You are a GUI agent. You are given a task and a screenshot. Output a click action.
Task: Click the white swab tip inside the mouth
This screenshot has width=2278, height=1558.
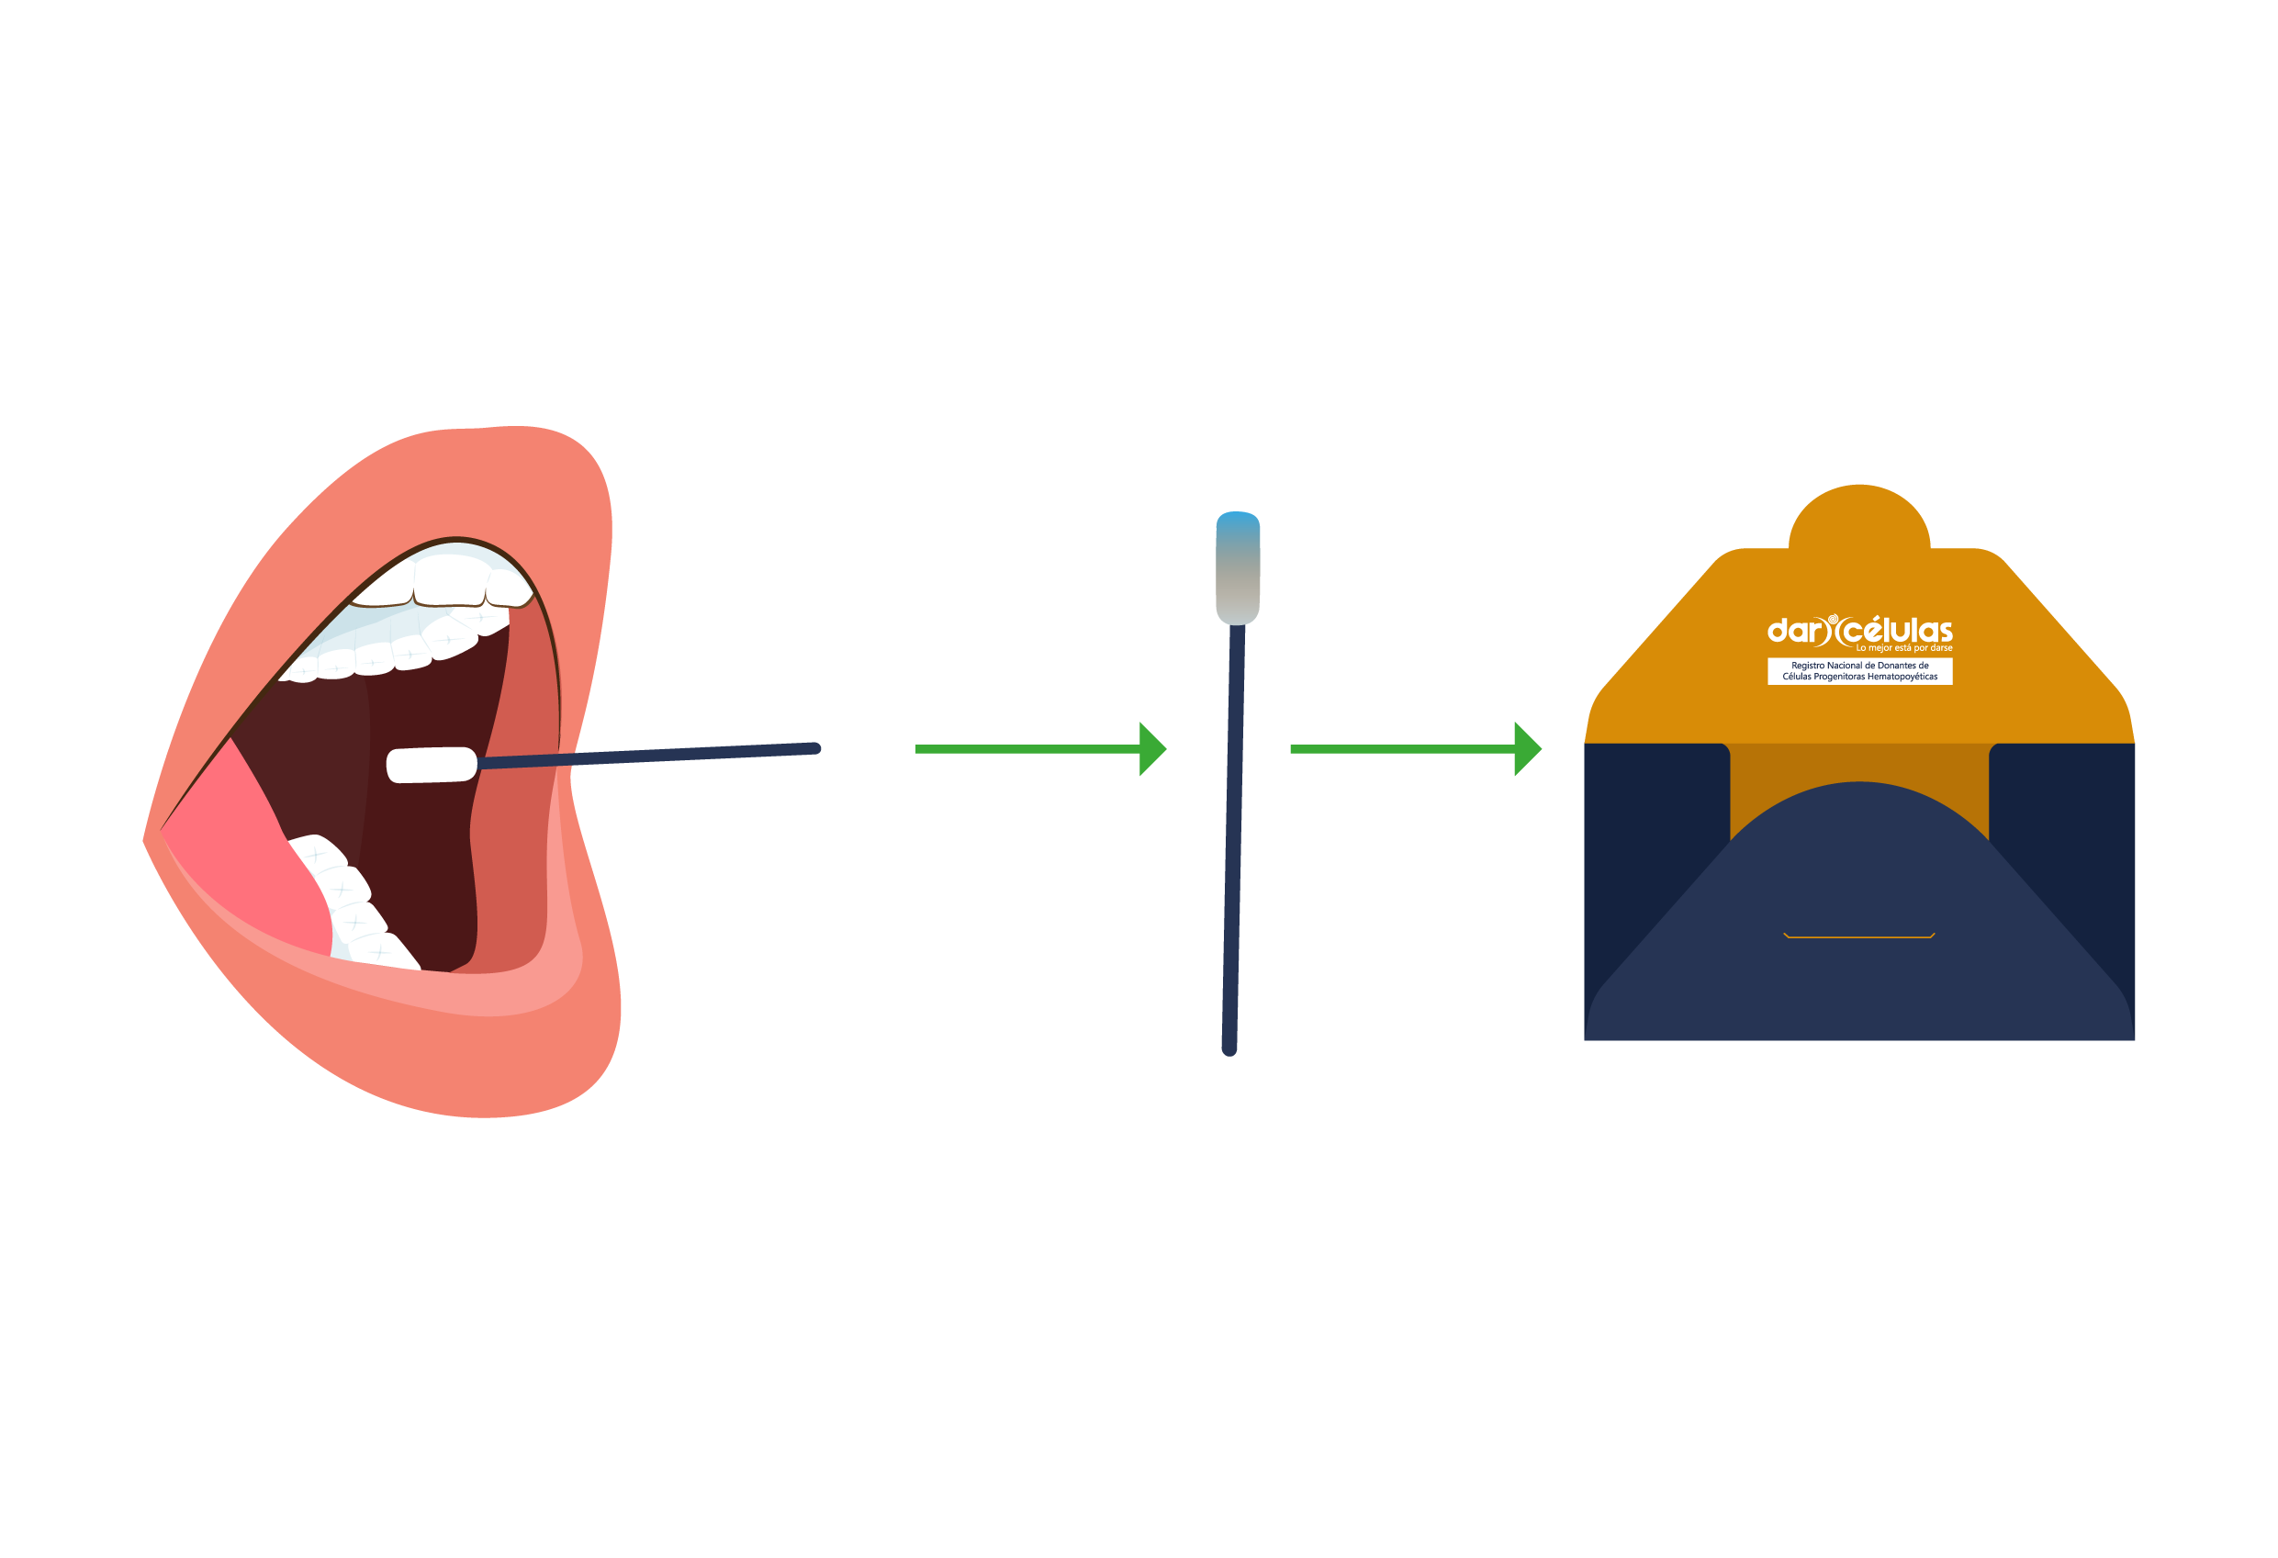click(432, 764)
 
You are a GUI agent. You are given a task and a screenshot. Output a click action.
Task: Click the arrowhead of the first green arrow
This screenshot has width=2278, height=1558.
click(1150, 748)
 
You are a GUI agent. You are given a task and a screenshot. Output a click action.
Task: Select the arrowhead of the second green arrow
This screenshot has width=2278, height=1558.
click(1526, 748)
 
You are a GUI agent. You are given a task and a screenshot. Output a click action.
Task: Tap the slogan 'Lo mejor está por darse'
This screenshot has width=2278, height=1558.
click(1903, 647)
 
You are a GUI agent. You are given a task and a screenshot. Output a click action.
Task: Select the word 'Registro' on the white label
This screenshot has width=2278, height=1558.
click(1809, 666)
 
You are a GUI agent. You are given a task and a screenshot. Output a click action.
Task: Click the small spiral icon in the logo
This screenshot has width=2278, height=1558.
click(1833, 620)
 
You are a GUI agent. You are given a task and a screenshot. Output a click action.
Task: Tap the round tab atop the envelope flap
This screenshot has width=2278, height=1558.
click(1859, 520)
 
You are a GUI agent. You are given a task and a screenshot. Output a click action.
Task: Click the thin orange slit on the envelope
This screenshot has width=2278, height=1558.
click(1858, 936)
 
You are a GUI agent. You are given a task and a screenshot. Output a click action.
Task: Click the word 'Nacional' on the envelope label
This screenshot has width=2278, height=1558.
click(1848, 666)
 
